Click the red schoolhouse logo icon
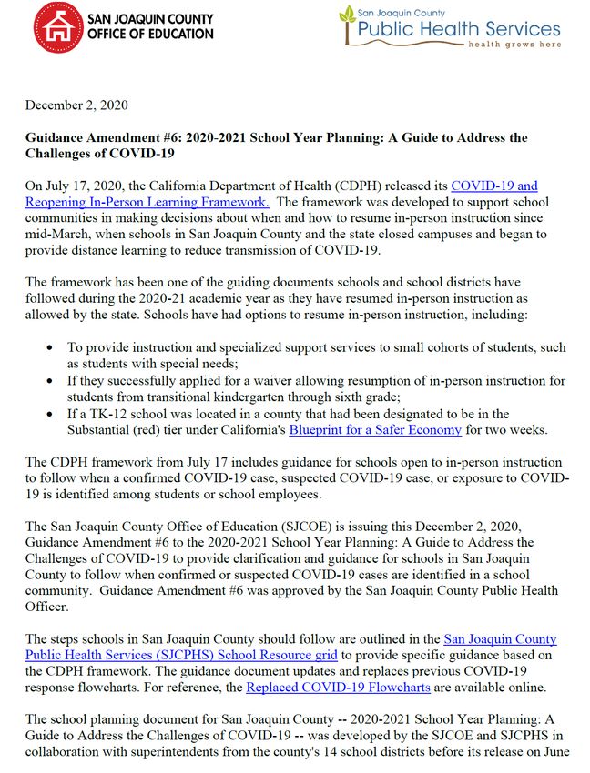click(x=52, y=25)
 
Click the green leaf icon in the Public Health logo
click(x=348, y=16)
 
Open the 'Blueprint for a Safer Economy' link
click(x=375, y=428)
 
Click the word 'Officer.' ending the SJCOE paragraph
click(x=48, y=607)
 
